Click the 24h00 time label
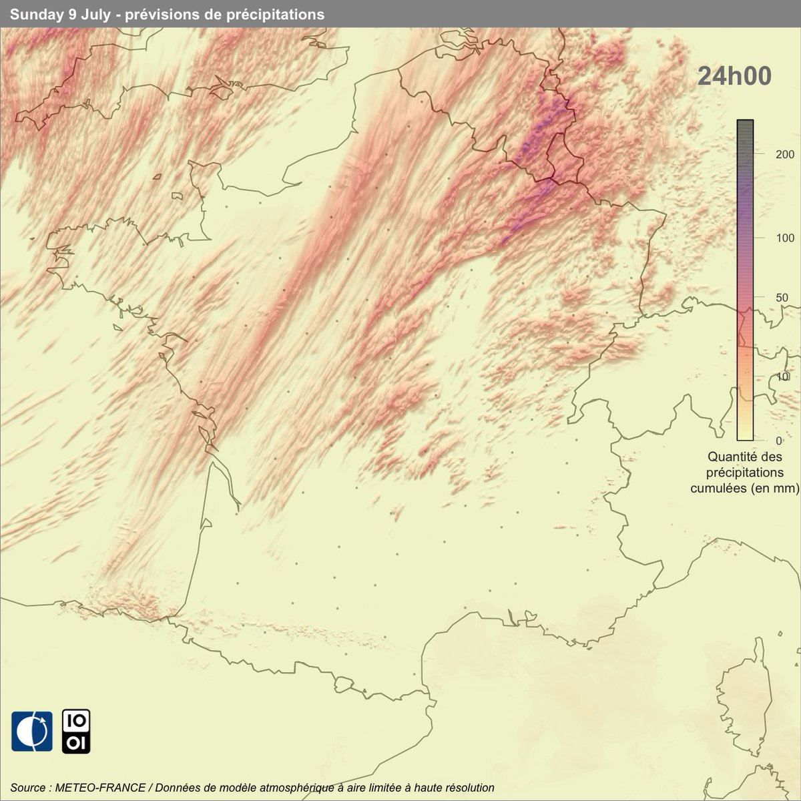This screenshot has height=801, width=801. [734, 76]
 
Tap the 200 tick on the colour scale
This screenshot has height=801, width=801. [767, 154]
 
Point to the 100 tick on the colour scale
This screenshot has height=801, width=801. [767, 238]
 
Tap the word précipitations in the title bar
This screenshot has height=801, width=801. [283, 14]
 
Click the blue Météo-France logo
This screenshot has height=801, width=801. [32, 731]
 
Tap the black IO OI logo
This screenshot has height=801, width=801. [76, 731]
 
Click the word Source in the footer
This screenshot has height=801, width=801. [28, 788]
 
